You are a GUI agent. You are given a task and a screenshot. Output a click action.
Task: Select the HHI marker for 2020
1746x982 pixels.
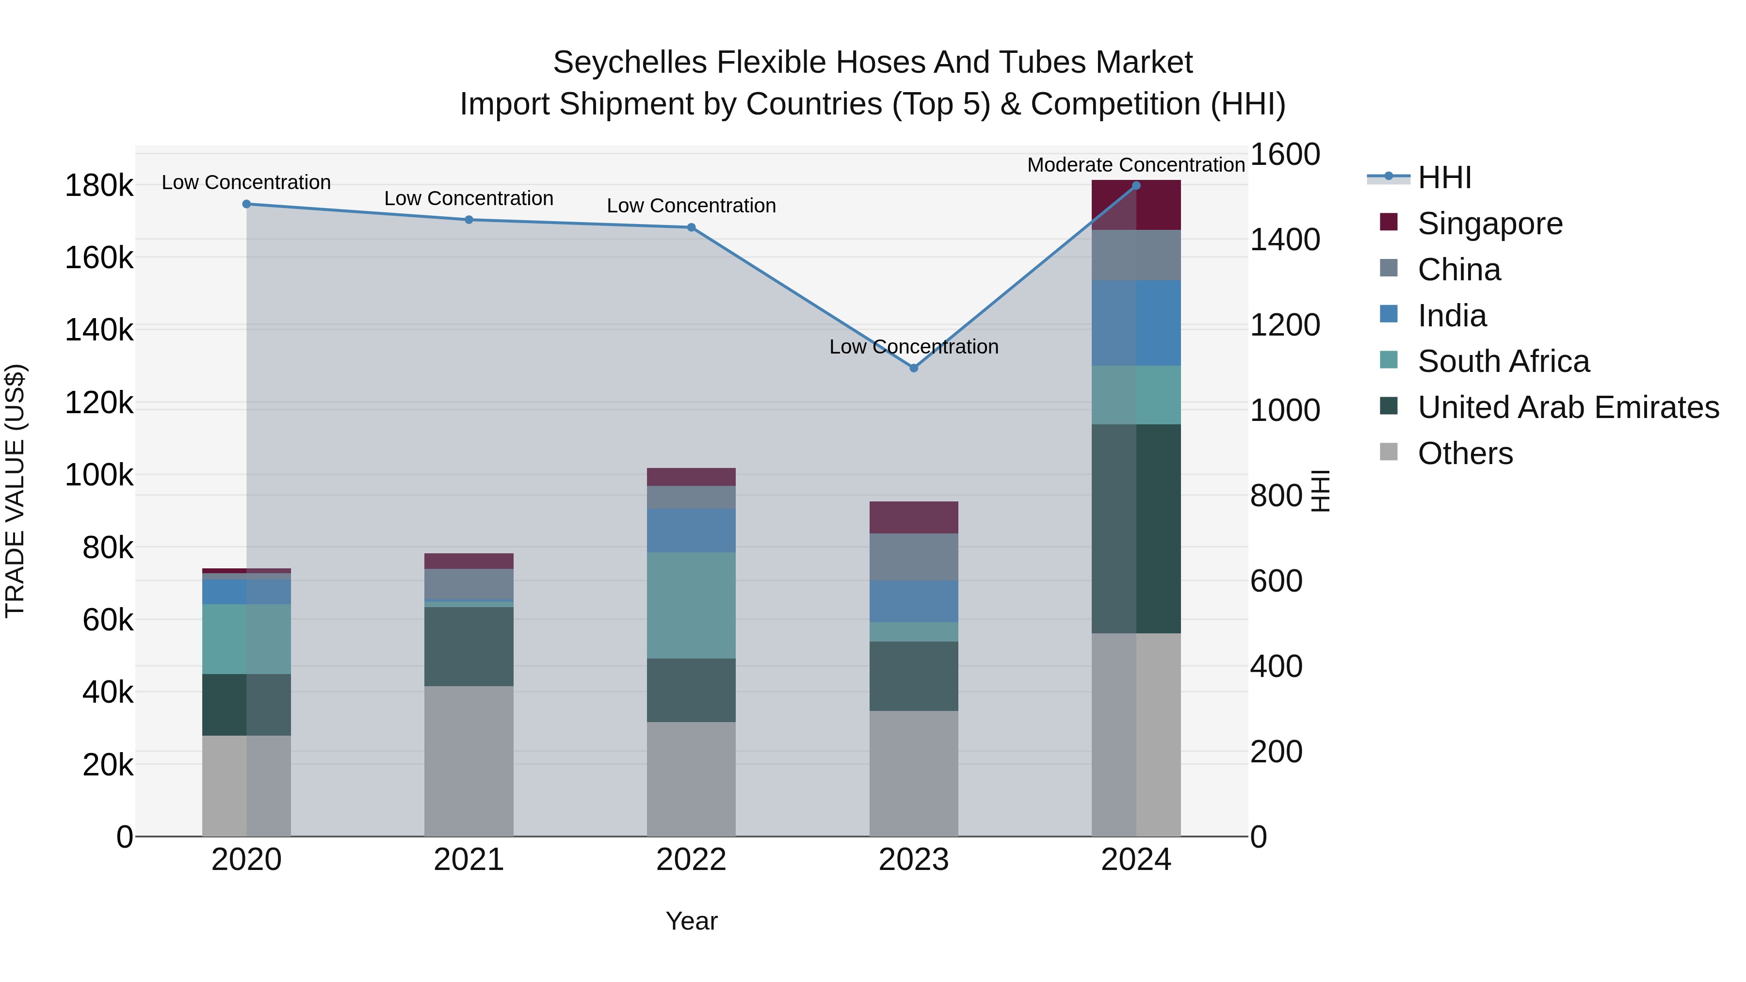pos(247,204)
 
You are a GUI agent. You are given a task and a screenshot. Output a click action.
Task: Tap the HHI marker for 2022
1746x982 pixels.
pos(691,228)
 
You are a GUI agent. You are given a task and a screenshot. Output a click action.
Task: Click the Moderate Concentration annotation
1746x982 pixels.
pos(1136,165)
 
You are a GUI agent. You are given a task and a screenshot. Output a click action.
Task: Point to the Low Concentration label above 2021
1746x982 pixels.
pos(469,198)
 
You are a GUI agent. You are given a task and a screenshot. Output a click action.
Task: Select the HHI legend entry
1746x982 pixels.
pos(1444,177)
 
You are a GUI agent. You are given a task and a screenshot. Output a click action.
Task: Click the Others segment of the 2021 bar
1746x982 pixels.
pos(469,760)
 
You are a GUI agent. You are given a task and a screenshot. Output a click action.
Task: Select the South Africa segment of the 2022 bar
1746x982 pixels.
pos(691,605)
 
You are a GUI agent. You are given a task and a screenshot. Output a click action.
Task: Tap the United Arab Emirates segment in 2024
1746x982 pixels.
pos(1136,529)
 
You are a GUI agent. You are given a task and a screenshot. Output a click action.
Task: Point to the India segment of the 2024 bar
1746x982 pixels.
pos(1136,323)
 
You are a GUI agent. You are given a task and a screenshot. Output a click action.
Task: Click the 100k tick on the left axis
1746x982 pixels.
pos(99,475)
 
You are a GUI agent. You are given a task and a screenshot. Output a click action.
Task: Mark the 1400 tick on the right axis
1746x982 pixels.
pos(1284,240)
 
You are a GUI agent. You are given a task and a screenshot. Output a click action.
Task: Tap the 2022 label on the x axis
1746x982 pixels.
pos(691,860)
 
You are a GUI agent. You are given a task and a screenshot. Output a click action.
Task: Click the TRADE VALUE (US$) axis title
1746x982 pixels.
pos(15,491)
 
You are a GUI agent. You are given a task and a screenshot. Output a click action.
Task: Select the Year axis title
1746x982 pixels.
pos(691,921)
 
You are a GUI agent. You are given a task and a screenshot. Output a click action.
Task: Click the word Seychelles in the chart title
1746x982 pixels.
pos(630,63)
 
